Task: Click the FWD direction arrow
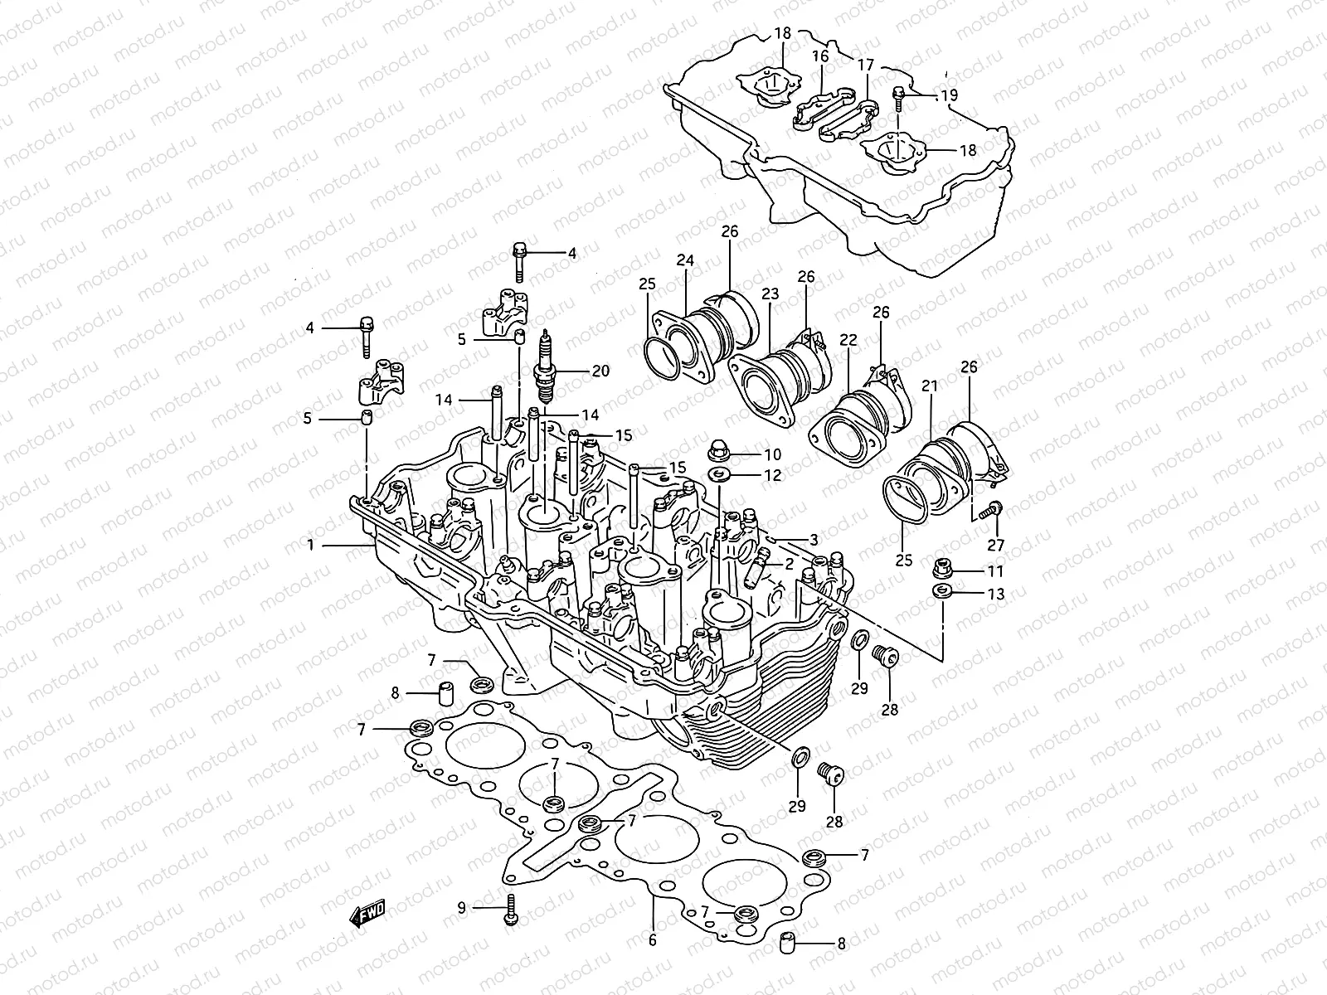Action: point(367,914)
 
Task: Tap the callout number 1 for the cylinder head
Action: point(311,546)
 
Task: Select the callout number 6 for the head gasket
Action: point(652,940)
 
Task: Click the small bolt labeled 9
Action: point(511,910)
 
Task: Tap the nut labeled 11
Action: point(940,569)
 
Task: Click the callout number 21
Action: point(930,386)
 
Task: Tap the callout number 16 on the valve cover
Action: point(820,56)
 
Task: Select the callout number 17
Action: point(866,65)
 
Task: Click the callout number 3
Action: point(814,539)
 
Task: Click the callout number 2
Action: point(789,563)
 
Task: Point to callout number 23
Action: point(770,294)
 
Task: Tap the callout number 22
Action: point(847,339)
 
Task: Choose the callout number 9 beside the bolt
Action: point(462,908)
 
